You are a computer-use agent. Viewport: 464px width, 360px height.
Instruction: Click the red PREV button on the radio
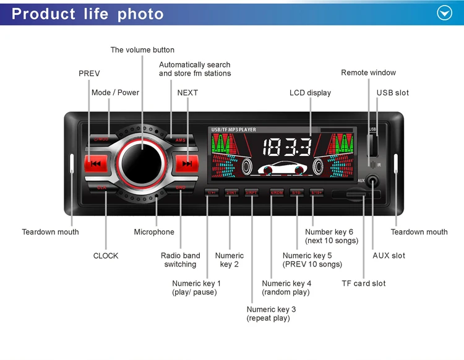96,163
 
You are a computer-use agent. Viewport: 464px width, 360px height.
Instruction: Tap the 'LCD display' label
310,93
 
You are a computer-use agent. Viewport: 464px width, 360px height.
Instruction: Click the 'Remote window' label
368,72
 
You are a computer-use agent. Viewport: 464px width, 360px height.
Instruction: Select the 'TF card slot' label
363,283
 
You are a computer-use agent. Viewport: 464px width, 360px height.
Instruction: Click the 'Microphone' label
154,232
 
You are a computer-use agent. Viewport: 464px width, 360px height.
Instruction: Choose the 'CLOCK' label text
106,255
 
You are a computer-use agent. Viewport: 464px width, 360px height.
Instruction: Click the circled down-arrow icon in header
445,13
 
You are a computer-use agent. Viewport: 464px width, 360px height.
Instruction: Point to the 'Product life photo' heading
88,14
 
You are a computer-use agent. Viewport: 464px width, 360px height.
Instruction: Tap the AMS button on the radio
181,140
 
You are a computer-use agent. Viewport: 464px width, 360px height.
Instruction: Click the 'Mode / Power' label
115,93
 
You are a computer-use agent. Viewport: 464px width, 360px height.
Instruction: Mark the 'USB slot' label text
393,93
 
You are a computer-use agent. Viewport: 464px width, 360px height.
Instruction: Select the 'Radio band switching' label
180,260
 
